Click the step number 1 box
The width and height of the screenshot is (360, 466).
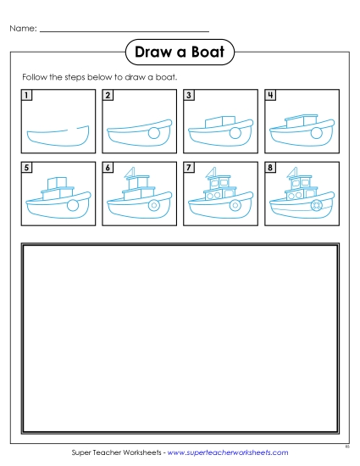[x=28, y=95]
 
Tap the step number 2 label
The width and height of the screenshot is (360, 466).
[x=108, y=95]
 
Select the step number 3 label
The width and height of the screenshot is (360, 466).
[x=189, y=95]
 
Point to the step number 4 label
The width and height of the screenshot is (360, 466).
[x=270, y=95]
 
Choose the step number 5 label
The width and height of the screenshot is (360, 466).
[x=28, y=168]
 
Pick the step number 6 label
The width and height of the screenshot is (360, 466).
[x=108, y=168]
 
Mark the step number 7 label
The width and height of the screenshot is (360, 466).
[x=189, y=168]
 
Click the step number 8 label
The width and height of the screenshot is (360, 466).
[x=270, y=168]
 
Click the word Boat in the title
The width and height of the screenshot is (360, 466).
[x=206, y=53]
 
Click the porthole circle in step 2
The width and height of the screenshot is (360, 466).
[x=153, y=133]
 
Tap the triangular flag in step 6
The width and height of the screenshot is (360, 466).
[x=131, y=175]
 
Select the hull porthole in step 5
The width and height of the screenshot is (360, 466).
[x=74, y=205]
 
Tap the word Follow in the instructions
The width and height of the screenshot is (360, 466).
[x=35, y=77]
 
